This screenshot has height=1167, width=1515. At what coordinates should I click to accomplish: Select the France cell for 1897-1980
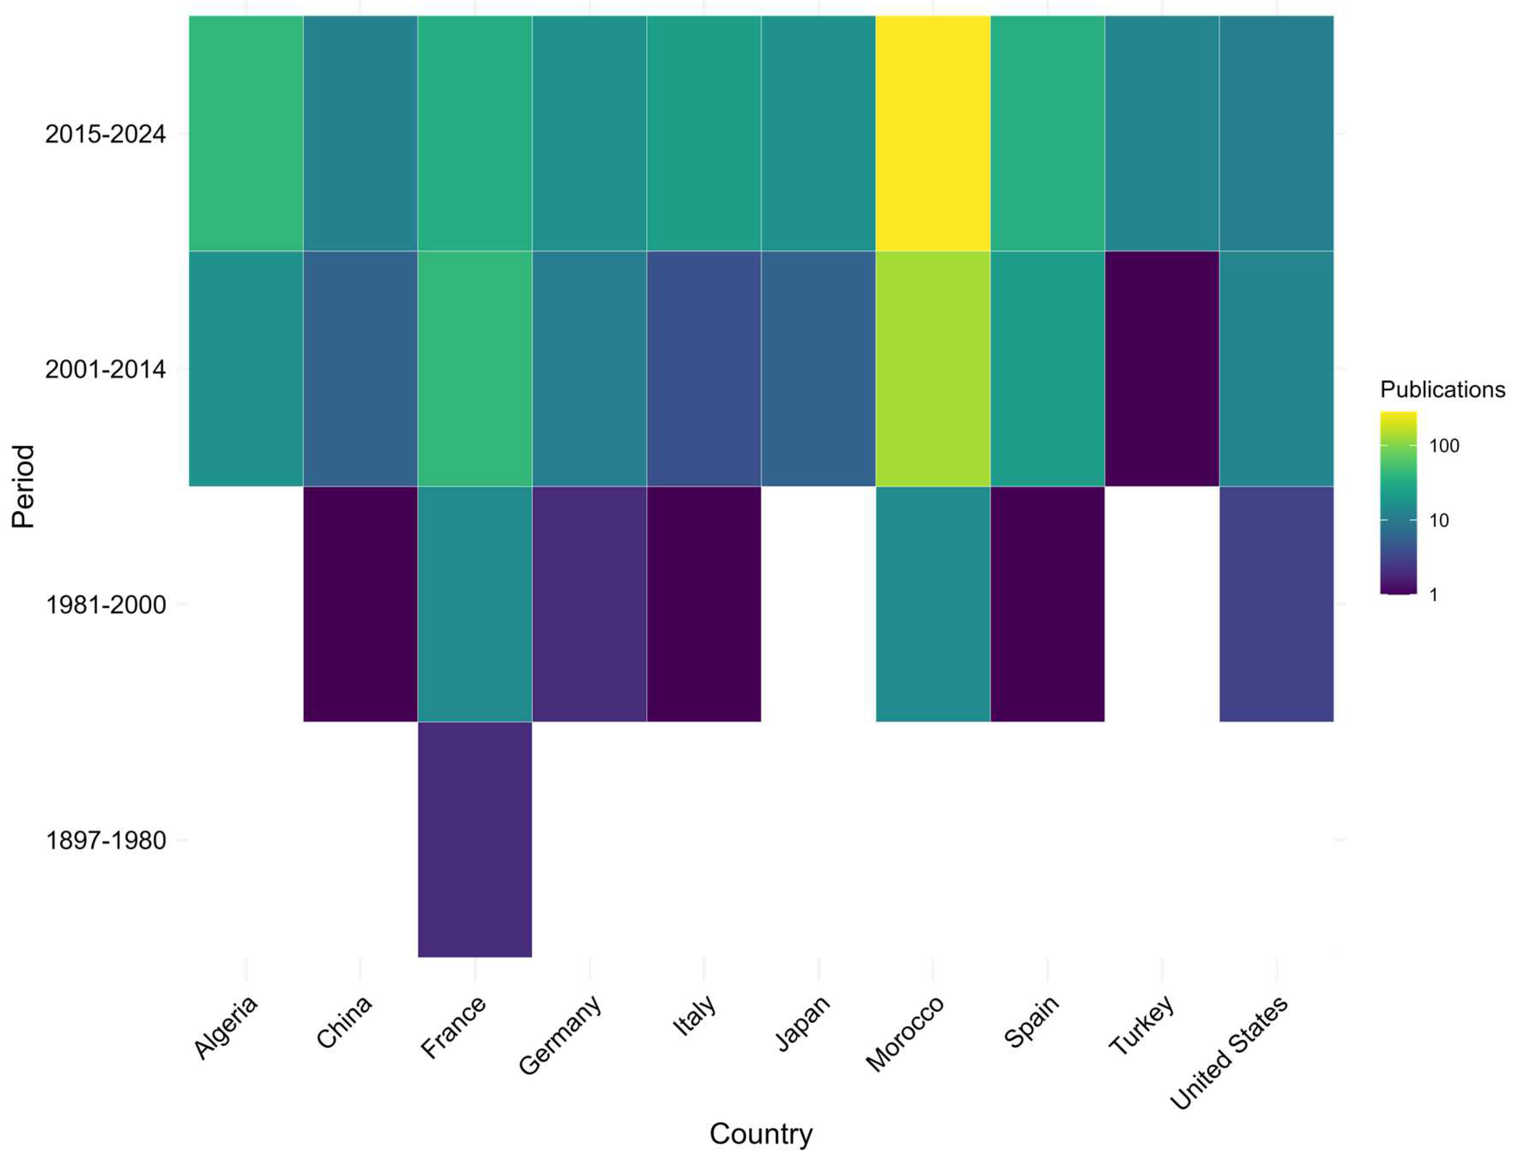(x=475, y=839)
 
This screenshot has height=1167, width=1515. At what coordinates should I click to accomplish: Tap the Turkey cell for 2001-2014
(x=1162, y=368)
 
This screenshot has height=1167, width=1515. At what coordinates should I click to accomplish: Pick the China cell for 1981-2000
(x=360, y=604)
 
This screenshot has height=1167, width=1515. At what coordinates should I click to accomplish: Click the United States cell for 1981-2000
(x=1276, y=604)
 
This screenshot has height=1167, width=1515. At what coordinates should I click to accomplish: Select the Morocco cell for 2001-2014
(x=932, y=368)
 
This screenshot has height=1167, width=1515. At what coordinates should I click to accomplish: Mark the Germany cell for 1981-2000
(x=589, y=604)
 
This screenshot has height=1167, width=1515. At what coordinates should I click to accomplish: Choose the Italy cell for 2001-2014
(x=703, y=368)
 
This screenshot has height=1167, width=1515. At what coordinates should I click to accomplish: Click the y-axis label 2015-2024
(x=105, y=134)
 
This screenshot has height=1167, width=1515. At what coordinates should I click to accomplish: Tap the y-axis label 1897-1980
(x=105, y=840)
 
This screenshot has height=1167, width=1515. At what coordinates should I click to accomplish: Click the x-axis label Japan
(x=803, y=1023)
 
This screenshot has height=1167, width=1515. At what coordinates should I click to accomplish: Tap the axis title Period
(x=23, y=487)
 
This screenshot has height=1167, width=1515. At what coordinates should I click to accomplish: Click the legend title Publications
(x=1442, y=389)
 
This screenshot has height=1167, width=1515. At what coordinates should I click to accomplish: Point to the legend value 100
(x=1444, y=446)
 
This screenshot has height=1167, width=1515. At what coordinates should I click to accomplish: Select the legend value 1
(x=1434, y=595)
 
